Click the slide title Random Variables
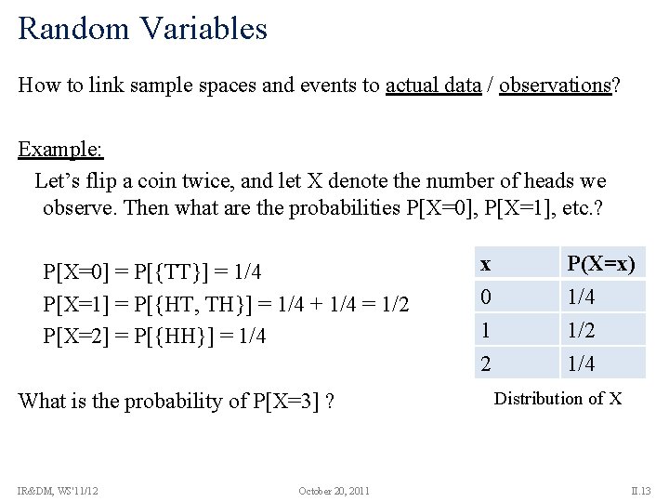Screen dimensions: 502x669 click(x=142, y=28)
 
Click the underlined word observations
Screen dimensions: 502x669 click(x=555, y=86)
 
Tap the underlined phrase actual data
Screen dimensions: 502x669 click(x=433, y=86)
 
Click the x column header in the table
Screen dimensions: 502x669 click(x=485, y=264)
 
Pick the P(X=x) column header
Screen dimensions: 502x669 click(x=601, y=264)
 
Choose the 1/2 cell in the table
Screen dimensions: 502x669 click(x=581, y=330)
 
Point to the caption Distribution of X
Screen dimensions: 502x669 click(x=557, y=399)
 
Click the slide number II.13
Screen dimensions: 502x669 click(x=641, y=490)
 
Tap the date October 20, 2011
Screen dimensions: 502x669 click(x=334, y=490)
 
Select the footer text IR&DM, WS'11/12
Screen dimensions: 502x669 click(x=59, y=490)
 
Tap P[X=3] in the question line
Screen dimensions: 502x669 click(x=287, y=402)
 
